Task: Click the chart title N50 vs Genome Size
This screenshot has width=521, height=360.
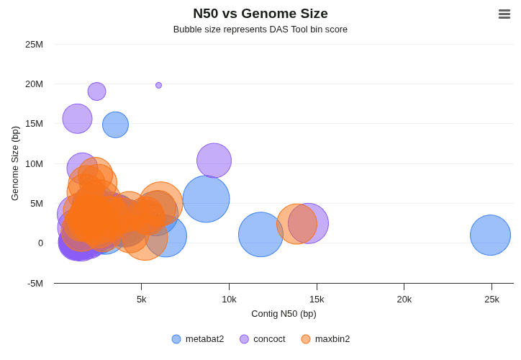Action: click(x=260, y=14)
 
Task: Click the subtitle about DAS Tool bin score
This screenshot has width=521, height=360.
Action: click(x=260, y=30)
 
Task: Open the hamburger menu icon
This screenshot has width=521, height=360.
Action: click(x=504, y=14)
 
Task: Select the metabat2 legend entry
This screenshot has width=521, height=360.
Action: click(x=198, y=339)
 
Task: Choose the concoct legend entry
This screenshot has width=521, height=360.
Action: click(x=263, y=339)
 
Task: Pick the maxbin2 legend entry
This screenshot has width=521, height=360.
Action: click(x=325, y=339)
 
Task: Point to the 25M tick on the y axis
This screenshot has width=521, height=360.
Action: click(x=34, y=45)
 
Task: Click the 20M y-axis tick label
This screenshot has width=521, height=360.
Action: click(x=34, y=84)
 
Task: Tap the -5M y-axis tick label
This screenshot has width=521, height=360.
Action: click(x=35, y=283)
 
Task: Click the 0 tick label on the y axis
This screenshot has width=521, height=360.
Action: click(x=40, y=243)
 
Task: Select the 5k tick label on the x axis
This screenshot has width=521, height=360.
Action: click(x=142, y=300)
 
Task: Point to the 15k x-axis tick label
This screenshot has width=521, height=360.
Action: click(x=317, y=300)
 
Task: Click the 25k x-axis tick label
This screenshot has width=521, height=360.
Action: click(x=491, y=300)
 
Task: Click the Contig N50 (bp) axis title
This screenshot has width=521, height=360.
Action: click(x=284, y=314)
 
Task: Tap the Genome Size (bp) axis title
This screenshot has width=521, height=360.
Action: click(x=15, y=163)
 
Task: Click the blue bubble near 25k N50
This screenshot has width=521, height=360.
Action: click(x=490, y=235)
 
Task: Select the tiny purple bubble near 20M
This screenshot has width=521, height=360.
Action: click(x=158, y=85)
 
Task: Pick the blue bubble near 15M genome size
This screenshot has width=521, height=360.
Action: click(x=115, y=125)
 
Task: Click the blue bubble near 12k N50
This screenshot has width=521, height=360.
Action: click(x=260, y=234)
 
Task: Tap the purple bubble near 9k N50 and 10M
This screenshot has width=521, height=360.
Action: click(x=214, y=161)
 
